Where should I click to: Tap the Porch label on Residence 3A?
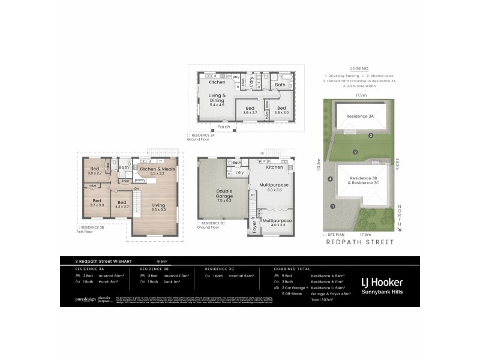(224, 127)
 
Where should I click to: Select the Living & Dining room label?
(217, 100)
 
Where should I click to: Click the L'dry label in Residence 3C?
(239, 173)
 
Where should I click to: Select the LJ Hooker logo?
(381, 282)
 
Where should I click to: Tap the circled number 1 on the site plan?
(332, 206)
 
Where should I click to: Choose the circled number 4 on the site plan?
(330, 179)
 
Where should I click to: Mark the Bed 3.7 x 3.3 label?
(97, 202)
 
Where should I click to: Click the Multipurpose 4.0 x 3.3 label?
(275, 223)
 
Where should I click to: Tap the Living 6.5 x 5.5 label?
(159, 208)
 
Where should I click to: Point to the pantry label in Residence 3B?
(141, 180)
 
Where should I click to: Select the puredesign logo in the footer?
(84, 298)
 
